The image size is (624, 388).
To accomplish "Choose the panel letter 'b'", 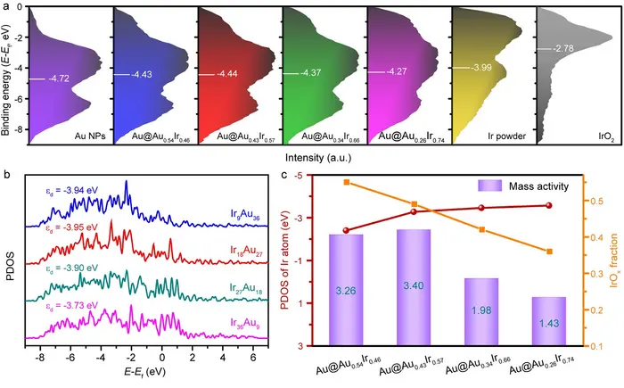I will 6,175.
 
